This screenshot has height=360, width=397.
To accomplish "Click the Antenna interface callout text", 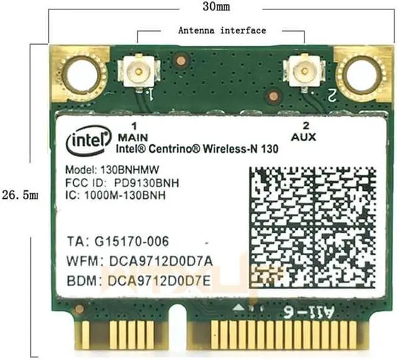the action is pos(221,30).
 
